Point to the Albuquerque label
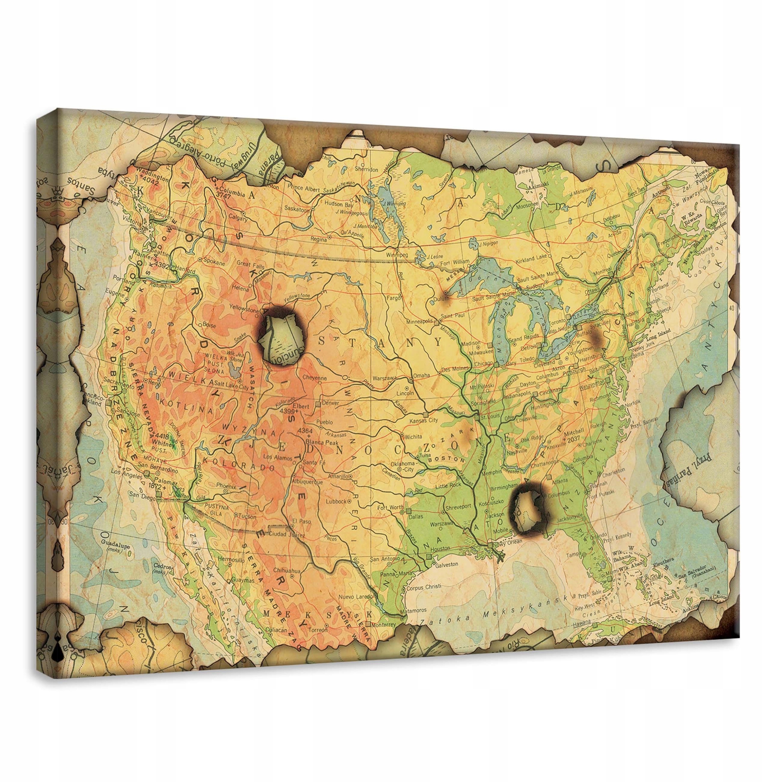307,482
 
